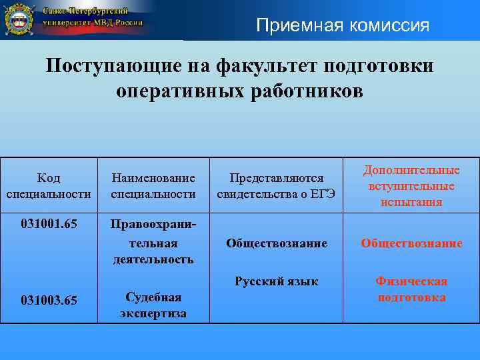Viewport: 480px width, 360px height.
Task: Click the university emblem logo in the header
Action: coord(19,19)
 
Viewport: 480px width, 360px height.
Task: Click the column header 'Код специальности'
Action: coord(48,186)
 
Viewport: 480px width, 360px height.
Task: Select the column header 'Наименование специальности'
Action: coord(153,186)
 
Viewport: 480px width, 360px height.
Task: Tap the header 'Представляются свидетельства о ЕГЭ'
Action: coord(277,186)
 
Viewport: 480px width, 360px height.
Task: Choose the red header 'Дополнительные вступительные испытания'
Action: coord(411,186)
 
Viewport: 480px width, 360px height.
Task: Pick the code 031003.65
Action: coord(48,301)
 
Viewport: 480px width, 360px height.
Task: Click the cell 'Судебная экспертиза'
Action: coord(153,305)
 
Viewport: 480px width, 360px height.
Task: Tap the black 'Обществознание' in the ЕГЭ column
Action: coord(277,243)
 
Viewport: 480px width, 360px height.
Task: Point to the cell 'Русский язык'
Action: coord(277,281)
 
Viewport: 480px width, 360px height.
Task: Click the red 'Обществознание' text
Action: coord(411,243)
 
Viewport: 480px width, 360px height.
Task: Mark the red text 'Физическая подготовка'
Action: coord(411,289)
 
